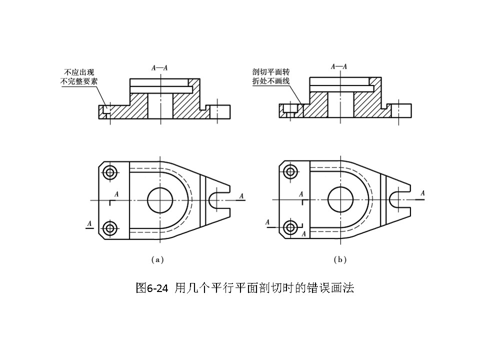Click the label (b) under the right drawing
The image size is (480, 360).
[x=340, y=259]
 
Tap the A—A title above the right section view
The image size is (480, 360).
[x=339, y=66]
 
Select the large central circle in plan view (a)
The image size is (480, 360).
[x=160, y=200]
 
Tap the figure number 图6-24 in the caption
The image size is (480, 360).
[x=152, y=288]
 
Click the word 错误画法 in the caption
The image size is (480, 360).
[x=334, y=288]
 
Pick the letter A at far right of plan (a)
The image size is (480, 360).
[x=241, y=196]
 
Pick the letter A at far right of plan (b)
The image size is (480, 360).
[x=422, y=193]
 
